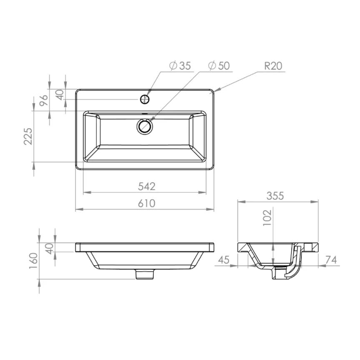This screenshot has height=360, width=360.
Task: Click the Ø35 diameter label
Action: tap(180, 66)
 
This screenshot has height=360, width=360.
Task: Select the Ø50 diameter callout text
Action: tap(219, 66)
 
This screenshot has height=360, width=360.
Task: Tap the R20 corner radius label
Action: tap(273, 66)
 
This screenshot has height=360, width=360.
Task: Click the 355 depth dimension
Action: tap(275, 195)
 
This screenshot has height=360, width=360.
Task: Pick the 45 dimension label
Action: tap(224, 260)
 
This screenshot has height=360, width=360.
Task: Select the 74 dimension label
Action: tap(332, 260)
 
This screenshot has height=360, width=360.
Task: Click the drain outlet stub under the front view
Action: tap(145, 274)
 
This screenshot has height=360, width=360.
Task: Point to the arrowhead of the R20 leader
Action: tap(216, 90)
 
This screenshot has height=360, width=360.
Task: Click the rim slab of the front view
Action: tap(145, 247)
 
